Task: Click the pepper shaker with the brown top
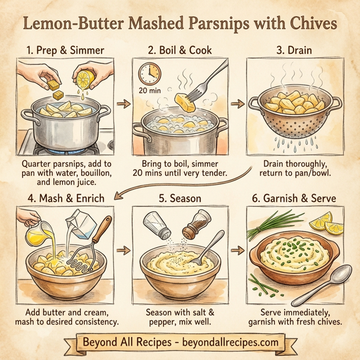(x=193, y=225)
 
